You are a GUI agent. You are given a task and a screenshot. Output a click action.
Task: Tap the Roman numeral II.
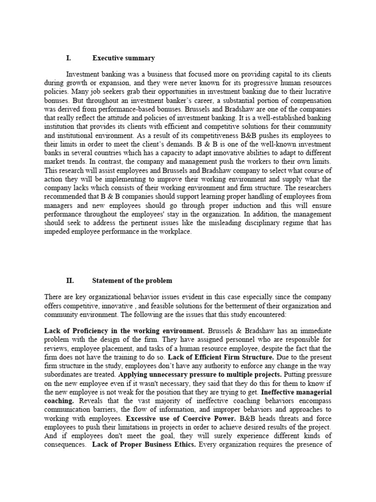(70, 281)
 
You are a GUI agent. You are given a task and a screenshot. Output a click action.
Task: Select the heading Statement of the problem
(132, 281)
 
